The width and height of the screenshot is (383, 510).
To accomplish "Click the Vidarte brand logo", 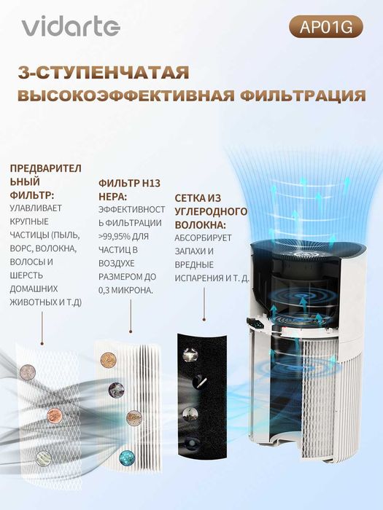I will (x=69, y=27).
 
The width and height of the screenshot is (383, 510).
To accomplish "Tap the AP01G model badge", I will (x=325, y=27).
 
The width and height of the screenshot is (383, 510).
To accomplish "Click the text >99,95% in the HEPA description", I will (x=114, y=237).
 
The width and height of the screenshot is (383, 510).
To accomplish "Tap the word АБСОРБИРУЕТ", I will (x=201, y=238).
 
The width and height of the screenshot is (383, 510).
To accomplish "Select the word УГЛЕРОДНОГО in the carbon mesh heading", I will (x=210, y=211).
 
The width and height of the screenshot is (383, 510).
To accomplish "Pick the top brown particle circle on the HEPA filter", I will (x=111, y=359).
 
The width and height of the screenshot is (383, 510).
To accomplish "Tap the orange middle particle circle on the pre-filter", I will (x=54, y=415).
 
